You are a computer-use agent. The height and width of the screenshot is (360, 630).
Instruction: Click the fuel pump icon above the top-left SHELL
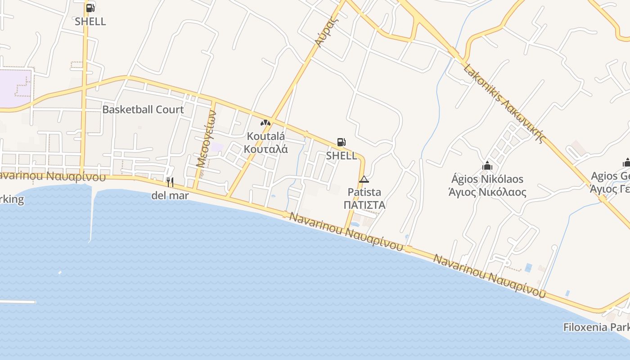click(x=90, y=8)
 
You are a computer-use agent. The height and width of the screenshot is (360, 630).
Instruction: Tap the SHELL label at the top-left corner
click(x=90, y=21)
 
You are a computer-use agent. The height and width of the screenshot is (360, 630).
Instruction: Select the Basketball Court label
click(x=143, y=109)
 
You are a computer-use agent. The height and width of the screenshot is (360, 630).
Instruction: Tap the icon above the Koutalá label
click(x=265, y=122)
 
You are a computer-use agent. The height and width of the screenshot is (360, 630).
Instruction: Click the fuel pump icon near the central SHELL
click(x=342, y=143)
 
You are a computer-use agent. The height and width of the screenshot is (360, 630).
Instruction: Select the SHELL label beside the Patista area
click(x=342, y=156)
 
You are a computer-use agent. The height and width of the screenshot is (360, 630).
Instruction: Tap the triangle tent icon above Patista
click(x=364, y=180)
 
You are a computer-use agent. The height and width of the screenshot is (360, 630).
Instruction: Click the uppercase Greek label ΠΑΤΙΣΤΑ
click(x=364, y=205)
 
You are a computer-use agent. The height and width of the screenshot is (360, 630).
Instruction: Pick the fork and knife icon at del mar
click(x=170, y=182)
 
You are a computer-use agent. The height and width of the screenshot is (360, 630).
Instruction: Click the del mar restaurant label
click(x=170, y=196)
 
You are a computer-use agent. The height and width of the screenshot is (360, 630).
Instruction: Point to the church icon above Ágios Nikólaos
click(x=487, y=166)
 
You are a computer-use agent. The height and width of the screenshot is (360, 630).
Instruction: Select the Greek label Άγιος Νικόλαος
click(x=487, y=192)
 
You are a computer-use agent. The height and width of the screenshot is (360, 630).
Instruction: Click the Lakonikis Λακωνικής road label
click(x=504, y=103)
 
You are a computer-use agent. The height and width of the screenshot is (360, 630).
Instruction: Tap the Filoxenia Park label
click(x=596, y=327)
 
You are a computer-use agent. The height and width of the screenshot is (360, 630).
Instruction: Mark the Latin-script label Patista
click(x=364, y=192)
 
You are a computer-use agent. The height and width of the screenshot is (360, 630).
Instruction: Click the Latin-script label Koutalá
click(x=265, y=135)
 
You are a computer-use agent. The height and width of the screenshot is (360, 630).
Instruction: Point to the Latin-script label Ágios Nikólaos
click(x=487, y=179)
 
